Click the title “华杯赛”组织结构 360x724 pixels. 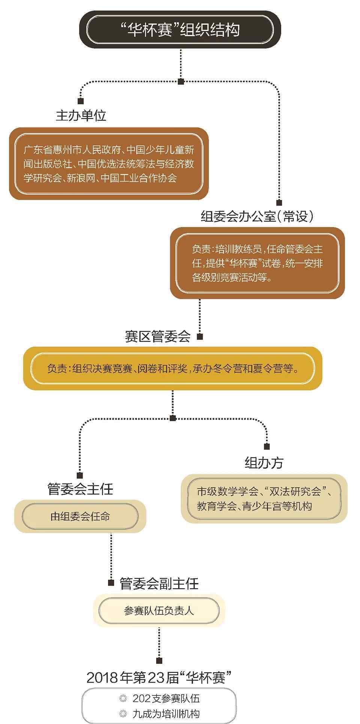(180, 30)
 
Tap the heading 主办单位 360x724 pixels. (81, 115)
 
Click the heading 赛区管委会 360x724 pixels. (158, 336)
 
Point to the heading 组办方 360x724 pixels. (264, 463)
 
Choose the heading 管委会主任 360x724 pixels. (80, 489)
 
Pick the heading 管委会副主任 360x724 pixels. (159, 583)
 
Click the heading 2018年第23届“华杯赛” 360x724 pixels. (159, 677)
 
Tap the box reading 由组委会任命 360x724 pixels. (80, 517)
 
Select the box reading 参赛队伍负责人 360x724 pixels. (159, 611)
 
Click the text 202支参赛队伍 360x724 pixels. (166, 698)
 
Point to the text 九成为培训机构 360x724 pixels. (166, 713)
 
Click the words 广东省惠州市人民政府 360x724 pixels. (72, 150)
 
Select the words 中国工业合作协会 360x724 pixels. (139, 178)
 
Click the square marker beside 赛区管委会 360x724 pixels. (200, 336)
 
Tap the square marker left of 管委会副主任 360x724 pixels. (111, 583)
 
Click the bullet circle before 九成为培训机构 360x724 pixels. (123, 713)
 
